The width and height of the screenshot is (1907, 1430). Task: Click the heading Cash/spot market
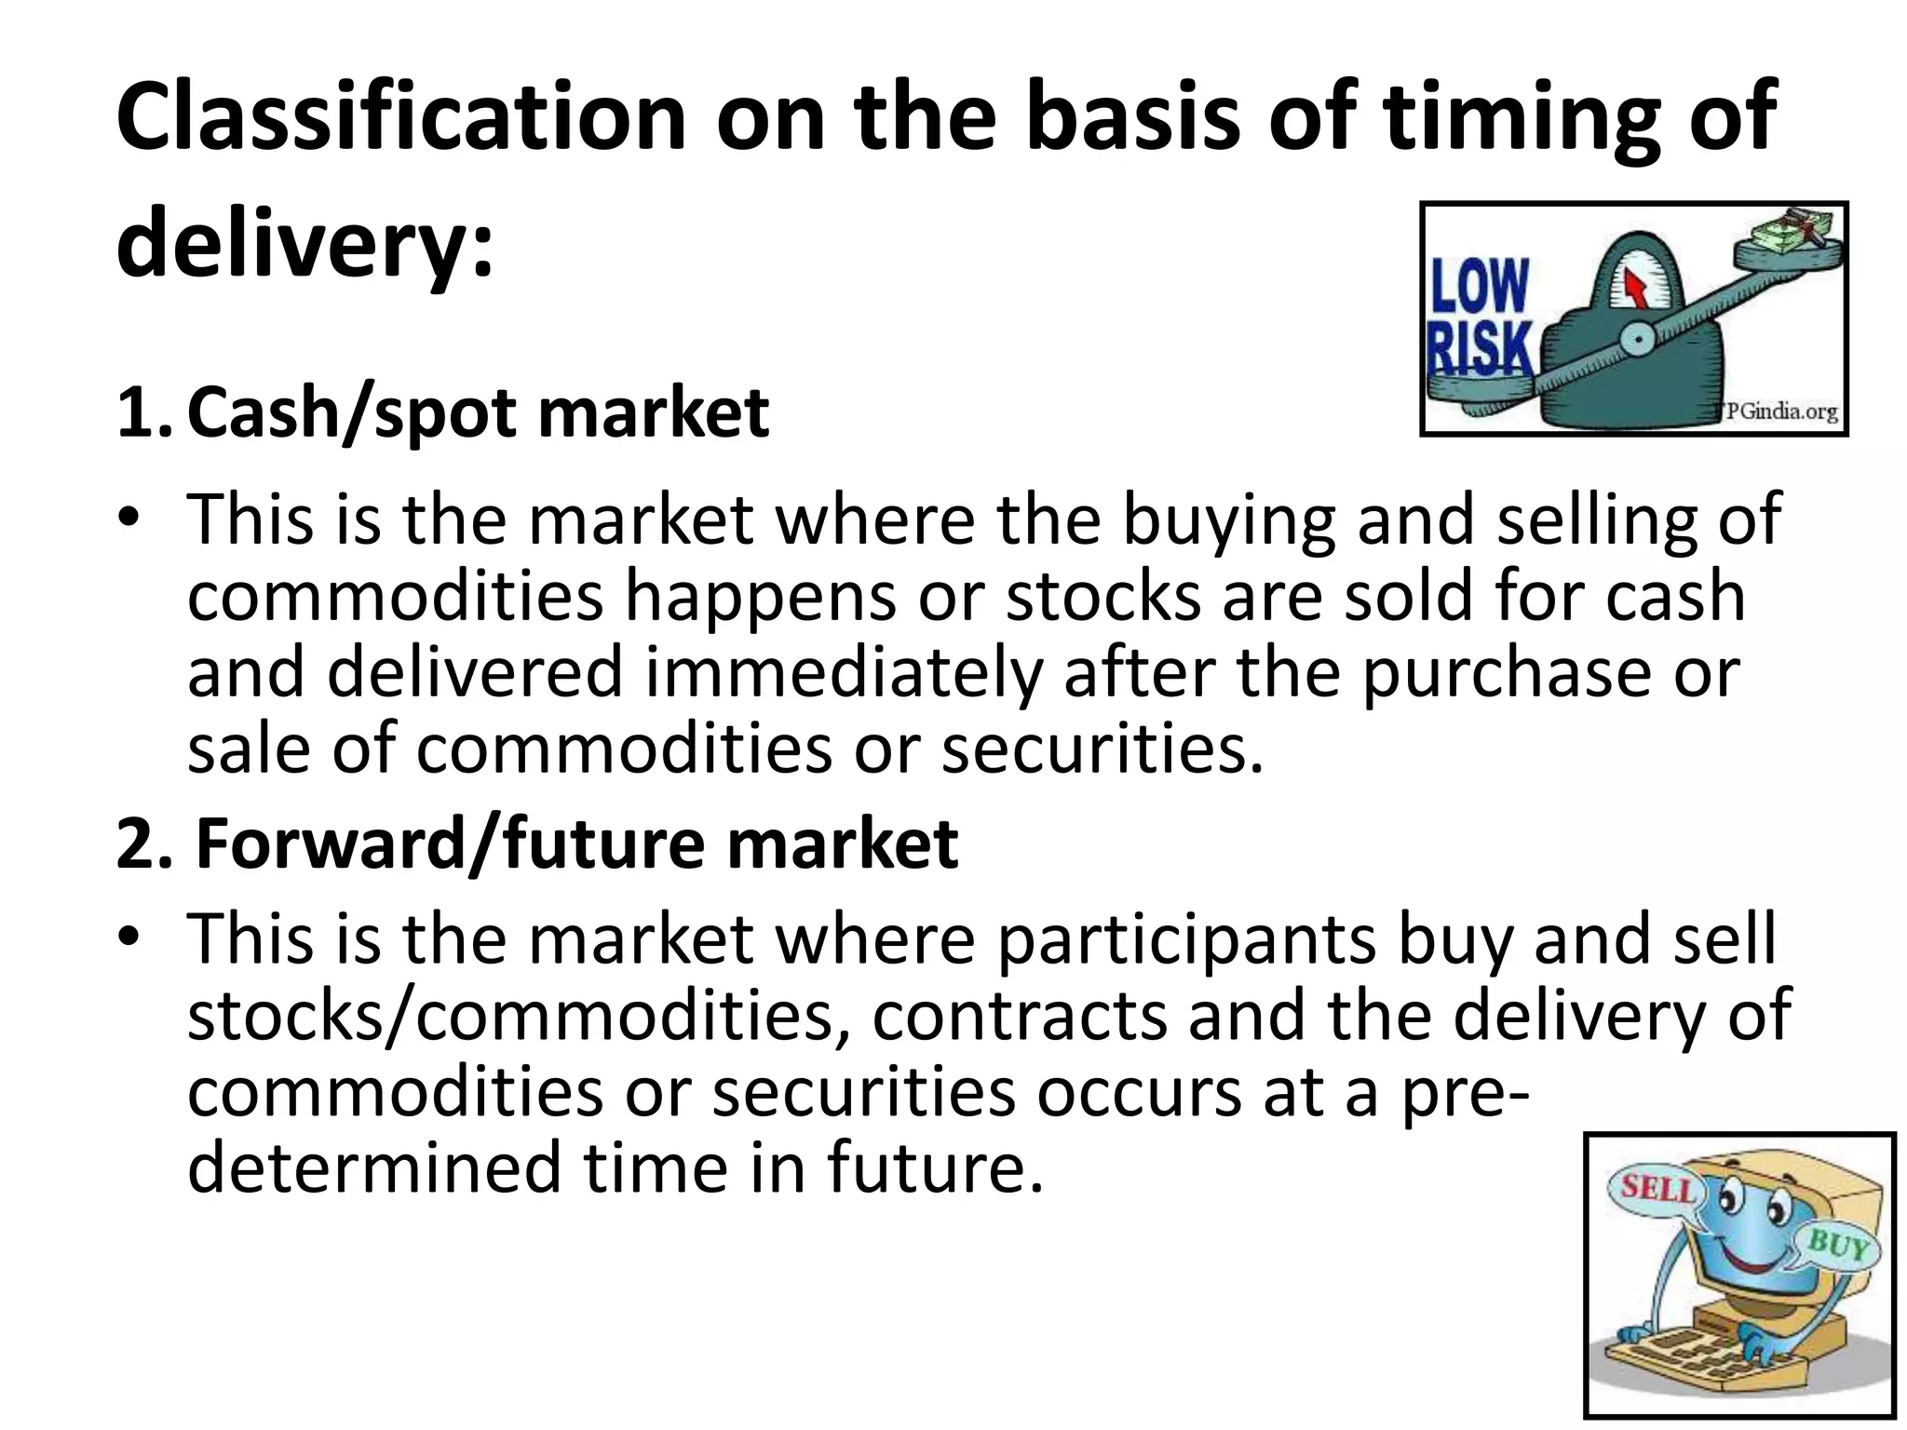478,412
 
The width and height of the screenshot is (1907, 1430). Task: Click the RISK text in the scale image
1480,349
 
